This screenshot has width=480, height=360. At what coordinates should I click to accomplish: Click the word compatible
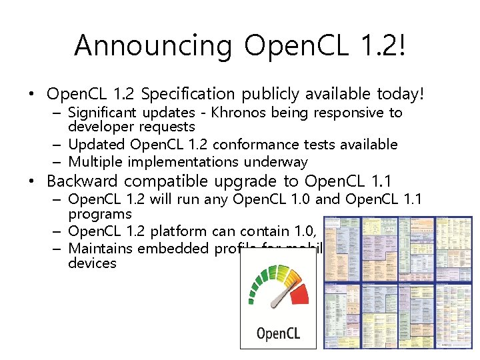(x=168, y=181)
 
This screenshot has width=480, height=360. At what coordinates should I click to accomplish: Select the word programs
(x=100, y=215)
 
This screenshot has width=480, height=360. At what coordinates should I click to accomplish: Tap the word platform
(x=182, y=232)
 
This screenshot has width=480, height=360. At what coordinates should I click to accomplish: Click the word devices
(x=92, y=263)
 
